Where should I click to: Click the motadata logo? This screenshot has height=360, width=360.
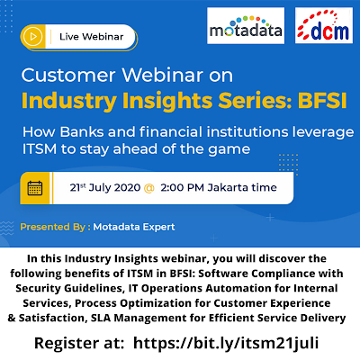(x=246, y=26)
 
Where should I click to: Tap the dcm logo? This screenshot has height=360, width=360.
(x=324, y=25)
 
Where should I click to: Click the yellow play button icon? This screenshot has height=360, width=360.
(x=33, y=37)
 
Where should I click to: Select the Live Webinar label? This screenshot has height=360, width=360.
(x=92, y=37)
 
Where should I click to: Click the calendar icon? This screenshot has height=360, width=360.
(x=35, y=188)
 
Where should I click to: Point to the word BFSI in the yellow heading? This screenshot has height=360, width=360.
(x=322, y=101)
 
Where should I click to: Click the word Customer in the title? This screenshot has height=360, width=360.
(x=68, y=75)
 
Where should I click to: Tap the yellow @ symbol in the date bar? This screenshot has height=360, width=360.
(x=149, y=188)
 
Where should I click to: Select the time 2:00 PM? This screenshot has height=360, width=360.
(x=183, y=187)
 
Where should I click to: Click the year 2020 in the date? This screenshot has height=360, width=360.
(x=127, y=187)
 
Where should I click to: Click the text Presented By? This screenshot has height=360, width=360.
(x=53, y=227)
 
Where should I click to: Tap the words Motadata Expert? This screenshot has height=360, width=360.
(x=134, y=227)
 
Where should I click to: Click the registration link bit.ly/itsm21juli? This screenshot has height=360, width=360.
(x=226, y=343)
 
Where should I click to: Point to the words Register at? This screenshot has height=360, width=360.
(x=79, y=343)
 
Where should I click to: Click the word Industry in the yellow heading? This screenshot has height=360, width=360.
(x=69, y=101)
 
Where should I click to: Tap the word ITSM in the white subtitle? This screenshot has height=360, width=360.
(x=40, y=149)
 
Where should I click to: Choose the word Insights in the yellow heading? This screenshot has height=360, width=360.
(x=167, y=101)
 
